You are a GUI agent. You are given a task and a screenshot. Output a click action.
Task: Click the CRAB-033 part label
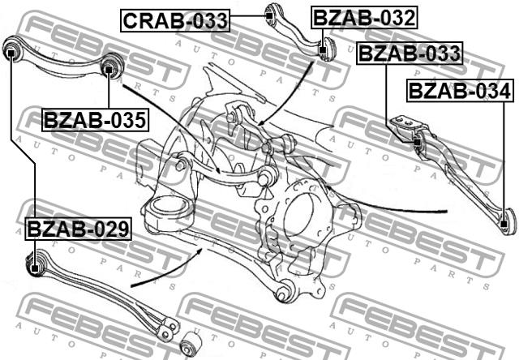click(x=175, y=20)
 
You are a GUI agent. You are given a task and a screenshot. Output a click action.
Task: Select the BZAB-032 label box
click(x=364, y=18)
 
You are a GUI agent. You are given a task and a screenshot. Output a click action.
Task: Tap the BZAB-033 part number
click(x=410, y=53)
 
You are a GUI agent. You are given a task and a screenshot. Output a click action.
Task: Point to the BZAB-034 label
click(x=460, y=91)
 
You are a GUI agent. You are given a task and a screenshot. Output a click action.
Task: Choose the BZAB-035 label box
click(x=95, y=120)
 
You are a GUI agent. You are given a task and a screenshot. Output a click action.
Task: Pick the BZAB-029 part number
click(x=78, y=229)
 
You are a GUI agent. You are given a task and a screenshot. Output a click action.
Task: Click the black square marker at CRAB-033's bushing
click(x=270, y=15)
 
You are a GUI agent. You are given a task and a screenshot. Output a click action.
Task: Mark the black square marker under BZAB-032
click(x=323, y=50)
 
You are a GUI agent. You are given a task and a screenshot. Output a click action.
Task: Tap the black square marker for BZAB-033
click(x=418, y=142)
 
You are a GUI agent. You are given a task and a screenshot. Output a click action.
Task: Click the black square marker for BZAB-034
click(x=504, y=224)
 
